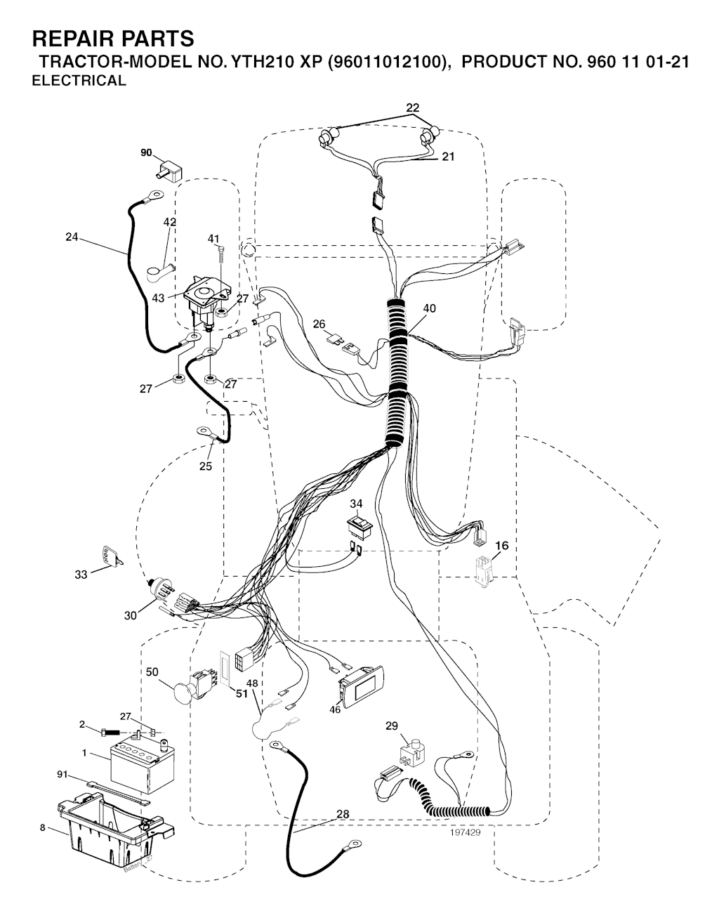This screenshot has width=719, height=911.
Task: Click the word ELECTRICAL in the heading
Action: coord(79,81)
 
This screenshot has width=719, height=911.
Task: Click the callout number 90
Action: coord(147,152)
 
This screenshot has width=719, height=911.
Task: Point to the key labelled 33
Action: coord(112,556)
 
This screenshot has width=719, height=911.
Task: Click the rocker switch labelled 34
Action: coord(359,527)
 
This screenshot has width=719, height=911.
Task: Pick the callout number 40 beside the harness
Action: coord(429,308)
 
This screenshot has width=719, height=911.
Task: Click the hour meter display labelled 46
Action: coord(361,687)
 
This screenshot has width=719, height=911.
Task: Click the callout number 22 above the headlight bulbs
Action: coord(413,108)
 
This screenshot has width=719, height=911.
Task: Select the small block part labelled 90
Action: coord(168,173)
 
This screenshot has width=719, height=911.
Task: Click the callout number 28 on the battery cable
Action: coord(343,814)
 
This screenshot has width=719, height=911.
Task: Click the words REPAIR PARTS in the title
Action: coord(113,39)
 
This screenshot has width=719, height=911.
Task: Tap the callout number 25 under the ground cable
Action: coord(206,466)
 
